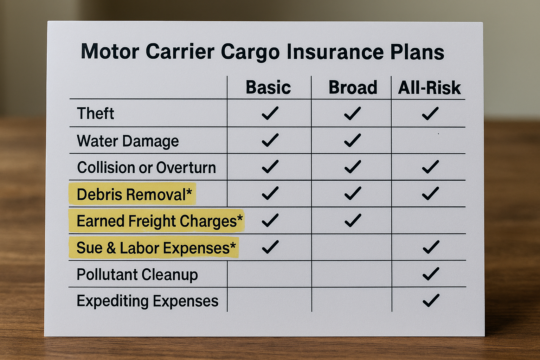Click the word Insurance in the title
tap(335, 52)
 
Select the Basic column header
tap(268, 87)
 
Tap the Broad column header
tap(353, 87)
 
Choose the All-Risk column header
tap(429, 88)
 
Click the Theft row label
tap(95, 113)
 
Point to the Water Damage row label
tap(128, 141)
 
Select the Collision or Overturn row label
tap(146, 167)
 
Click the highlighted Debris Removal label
tap(134, 194)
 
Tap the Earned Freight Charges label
tap(160, 221)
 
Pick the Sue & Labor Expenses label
tap(156, 247)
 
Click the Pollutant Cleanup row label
tap(137, 275)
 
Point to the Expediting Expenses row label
tap(148, 301)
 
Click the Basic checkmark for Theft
tap(270, 113)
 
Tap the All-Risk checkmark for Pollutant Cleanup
tap(431, 274)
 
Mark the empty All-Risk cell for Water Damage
tap(429, 140)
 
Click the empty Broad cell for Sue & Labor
tap(352, 247)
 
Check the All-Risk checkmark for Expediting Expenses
tap(431, 301)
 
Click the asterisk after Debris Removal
tap(189, 192)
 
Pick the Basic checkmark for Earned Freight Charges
tap(270, 220)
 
